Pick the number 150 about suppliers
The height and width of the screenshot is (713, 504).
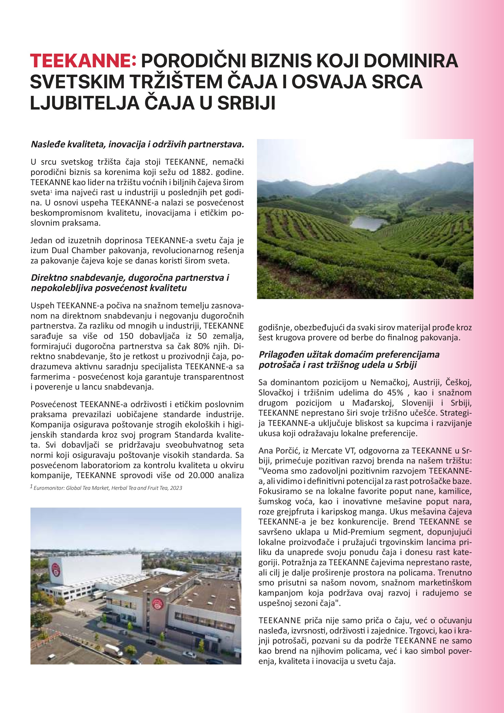[x=126, y=336]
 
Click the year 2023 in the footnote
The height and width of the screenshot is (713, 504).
[x=176, y=488]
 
